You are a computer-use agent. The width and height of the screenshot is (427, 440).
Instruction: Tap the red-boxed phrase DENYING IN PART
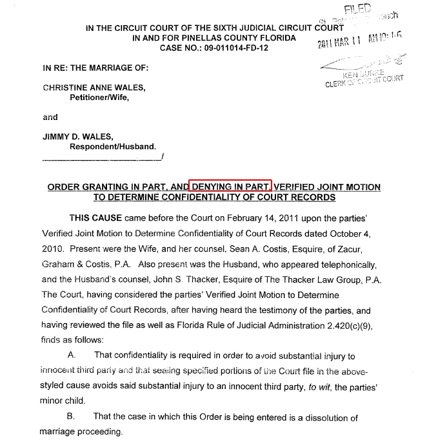230,186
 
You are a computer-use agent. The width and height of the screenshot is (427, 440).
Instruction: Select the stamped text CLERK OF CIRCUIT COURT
365,81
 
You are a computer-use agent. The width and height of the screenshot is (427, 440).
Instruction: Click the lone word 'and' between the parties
50,117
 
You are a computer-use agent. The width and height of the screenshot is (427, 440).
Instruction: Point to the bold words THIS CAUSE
98,218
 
